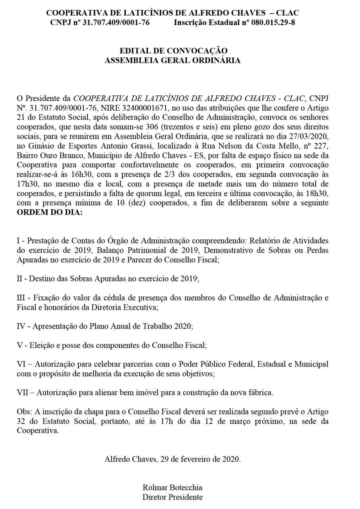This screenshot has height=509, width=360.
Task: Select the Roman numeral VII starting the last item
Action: click(24, 392)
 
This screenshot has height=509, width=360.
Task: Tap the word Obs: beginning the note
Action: click(23, 411)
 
